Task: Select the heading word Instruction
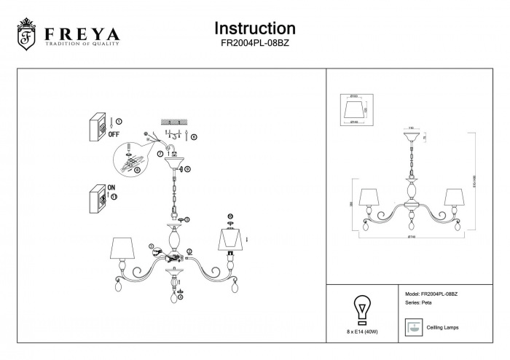[x=254, y=28]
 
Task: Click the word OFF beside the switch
[x=114, y=133]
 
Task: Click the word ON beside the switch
[x=111, y=187]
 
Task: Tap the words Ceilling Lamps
[x=439, y=328]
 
